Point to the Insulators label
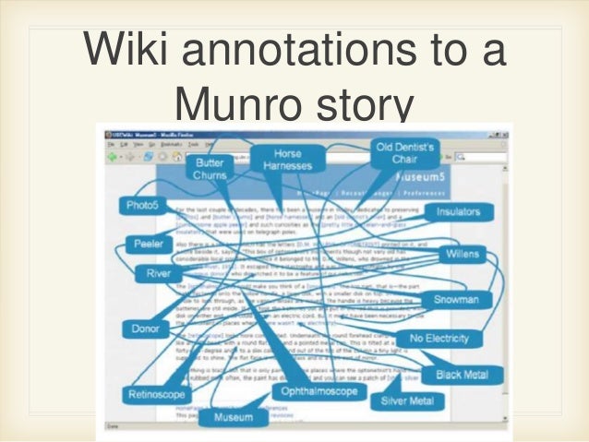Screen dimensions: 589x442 (458, 211)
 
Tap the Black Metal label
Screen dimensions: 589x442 (462, 375)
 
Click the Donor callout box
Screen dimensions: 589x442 (146, 329)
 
